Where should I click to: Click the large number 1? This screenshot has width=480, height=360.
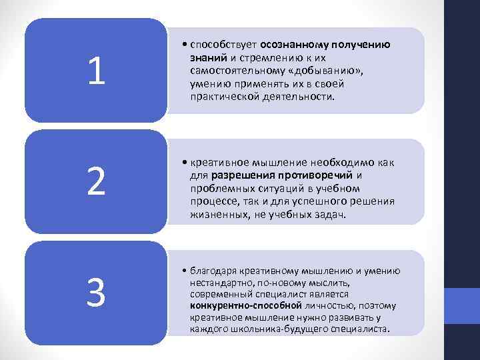pyautogui.click(x=96, y=71)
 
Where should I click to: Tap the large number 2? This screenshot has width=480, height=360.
pyautogui.click(x=96, y=182)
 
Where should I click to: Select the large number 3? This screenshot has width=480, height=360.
pyautogui.click(x=96, y=293)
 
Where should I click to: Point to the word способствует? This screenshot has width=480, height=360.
pyautogui.click(x=223, y=45)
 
